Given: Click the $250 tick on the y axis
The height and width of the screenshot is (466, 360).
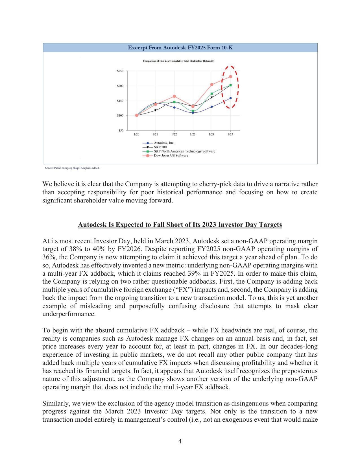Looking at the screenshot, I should [120, 71].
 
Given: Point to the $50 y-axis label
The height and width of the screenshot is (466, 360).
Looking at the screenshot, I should [121, 130].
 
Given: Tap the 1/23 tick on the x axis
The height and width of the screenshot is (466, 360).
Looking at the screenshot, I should [193, 134].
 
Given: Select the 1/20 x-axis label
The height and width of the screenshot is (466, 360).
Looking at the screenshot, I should [136, 134].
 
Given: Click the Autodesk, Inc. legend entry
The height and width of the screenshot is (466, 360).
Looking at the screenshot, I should [164, 143].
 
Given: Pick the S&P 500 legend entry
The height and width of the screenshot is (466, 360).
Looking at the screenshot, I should [160, 147].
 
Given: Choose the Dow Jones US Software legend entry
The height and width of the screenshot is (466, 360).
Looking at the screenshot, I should [171, 156].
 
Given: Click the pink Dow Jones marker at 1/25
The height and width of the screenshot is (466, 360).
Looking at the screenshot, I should [230, 77].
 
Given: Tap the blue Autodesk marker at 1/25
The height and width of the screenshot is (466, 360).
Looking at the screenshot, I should [230, 98].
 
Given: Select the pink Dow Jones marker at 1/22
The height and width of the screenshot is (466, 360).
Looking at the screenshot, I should [174, 96].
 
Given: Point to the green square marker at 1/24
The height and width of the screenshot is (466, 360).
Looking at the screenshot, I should [212, 94].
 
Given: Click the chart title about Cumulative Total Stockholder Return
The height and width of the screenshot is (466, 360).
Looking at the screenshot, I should [178, 61].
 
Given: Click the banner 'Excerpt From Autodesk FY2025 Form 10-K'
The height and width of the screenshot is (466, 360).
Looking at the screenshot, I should [180, 47].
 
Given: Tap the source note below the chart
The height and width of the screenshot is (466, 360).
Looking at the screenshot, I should [72, 168].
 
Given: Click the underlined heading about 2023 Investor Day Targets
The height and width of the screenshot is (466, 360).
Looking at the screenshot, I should [180, 225].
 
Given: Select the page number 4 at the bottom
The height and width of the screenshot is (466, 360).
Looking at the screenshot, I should [180, 441].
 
